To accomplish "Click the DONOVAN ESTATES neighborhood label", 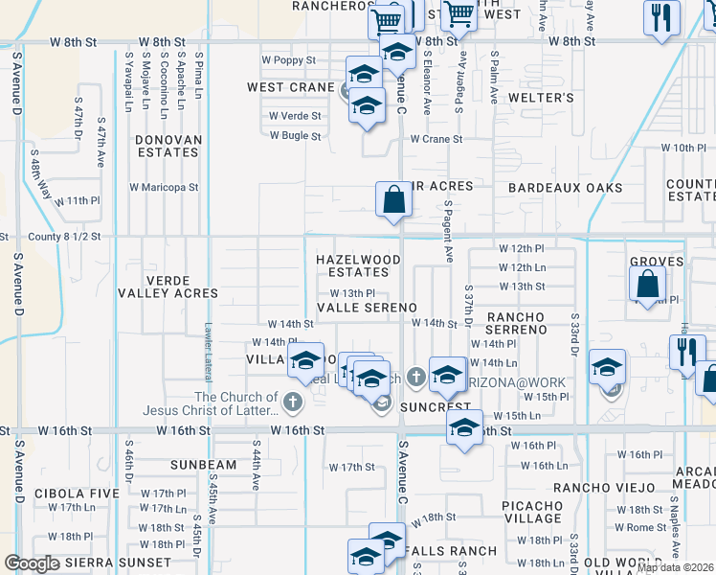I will [168, 146].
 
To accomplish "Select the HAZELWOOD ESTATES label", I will [358, 265].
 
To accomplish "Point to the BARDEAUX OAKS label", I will [565, 188].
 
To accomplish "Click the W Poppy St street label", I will [290, 60].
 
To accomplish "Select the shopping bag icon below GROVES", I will [648, 284].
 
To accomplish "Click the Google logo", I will [32, 563].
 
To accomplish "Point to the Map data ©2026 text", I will [675, 567].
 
